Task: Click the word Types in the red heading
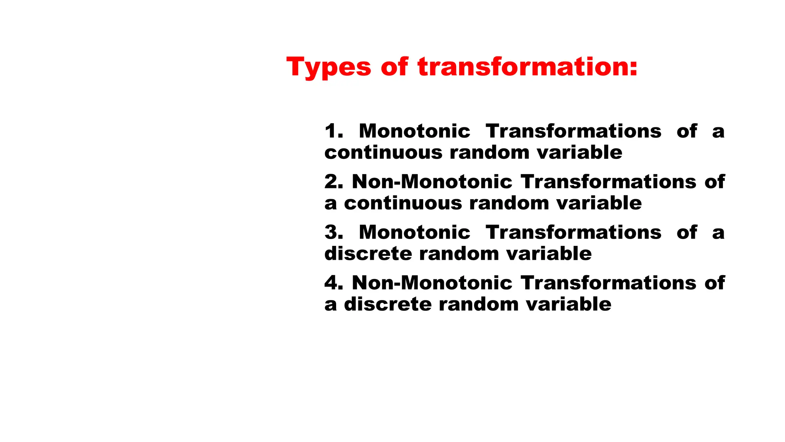tap(328, 68)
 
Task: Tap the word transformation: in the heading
tap(527, 67)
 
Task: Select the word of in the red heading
tap(394, 67)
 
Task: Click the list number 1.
tap(333, 131)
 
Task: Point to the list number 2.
tap(333, 182)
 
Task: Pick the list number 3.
tap(333, 233)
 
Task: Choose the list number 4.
tap(333, 283)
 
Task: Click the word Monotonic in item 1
tap(414, 131)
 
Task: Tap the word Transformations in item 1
tap(573, 131)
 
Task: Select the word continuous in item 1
tap(383, 153)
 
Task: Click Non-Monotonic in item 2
tap(432, 182)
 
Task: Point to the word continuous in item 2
tap(403, 203)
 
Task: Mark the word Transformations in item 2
tap(608, 182)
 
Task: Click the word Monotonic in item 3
tap(414, 233)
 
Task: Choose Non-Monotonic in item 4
tap(432, 283)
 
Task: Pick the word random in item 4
tap(478, 305)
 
